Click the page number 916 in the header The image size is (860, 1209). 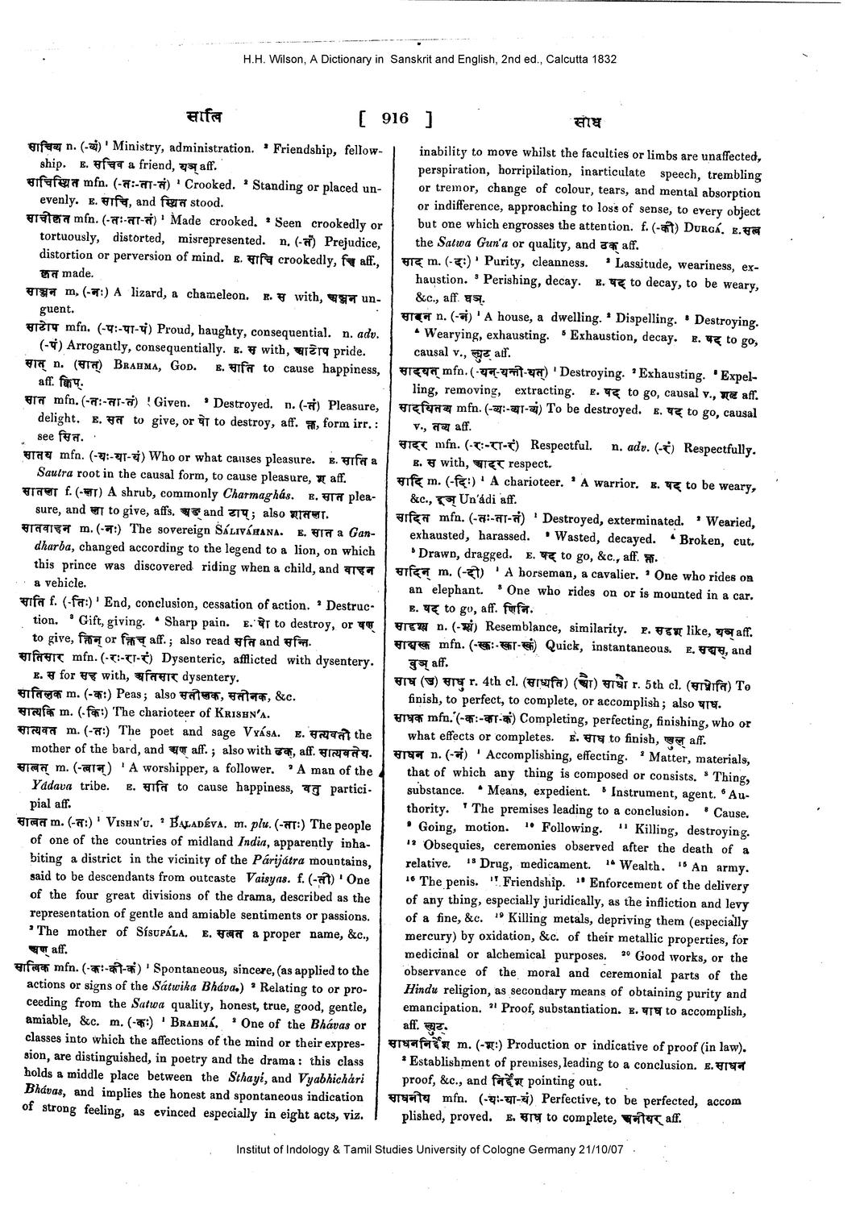(395, 118)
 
